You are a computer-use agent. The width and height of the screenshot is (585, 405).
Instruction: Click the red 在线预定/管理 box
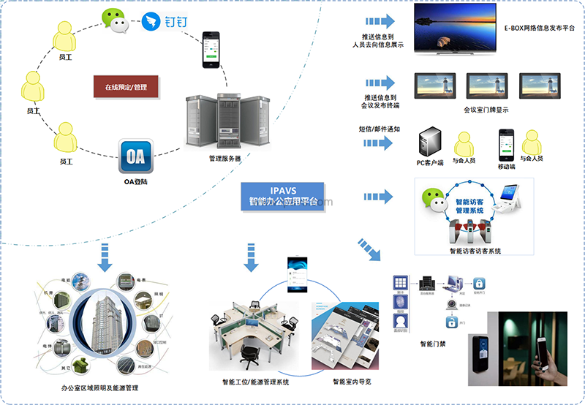point(126,87)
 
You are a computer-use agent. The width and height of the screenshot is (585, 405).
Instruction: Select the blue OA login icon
point(136,156)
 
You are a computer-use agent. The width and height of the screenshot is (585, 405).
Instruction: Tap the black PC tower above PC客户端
point(429,143)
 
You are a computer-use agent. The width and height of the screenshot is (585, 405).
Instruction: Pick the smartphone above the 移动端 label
point(506,142)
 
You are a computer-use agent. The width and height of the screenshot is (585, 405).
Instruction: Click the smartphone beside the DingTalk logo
point(211,49)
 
